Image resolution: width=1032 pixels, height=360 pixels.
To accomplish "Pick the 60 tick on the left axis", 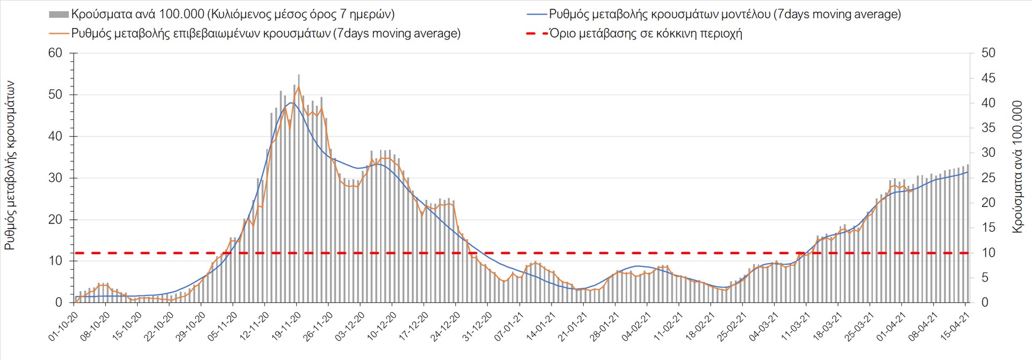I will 55,53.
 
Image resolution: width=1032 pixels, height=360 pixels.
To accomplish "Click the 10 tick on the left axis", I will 55,261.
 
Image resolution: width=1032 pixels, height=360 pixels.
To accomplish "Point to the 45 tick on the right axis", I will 988,78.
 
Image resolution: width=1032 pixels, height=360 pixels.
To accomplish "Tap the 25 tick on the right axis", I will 988,178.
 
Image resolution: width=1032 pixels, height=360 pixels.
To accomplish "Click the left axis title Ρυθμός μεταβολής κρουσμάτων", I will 10,165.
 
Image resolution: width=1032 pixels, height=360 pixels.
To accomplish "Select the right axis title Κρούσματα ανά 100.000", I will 1017,167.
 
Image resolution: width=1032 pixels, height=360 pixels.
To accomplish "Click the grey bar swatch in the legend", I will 59,15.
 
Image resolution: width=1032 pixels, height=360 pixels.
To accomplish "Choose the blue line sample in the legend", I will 536,15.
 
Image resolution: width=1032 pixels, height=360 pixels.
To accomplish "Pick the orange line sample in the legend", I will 59,33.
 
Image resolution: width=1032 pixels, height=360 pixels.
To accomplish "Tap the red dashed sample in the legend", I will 536,33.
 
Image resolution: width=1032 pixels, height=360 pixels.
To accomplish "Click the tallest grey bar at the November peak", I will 299,188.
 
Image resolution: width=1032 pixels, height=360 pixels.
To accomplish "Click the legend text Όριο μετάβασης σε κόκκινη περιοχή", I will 646,33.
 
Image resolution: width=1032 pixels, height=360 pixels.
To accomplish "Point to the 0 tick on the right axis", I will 985,303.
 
